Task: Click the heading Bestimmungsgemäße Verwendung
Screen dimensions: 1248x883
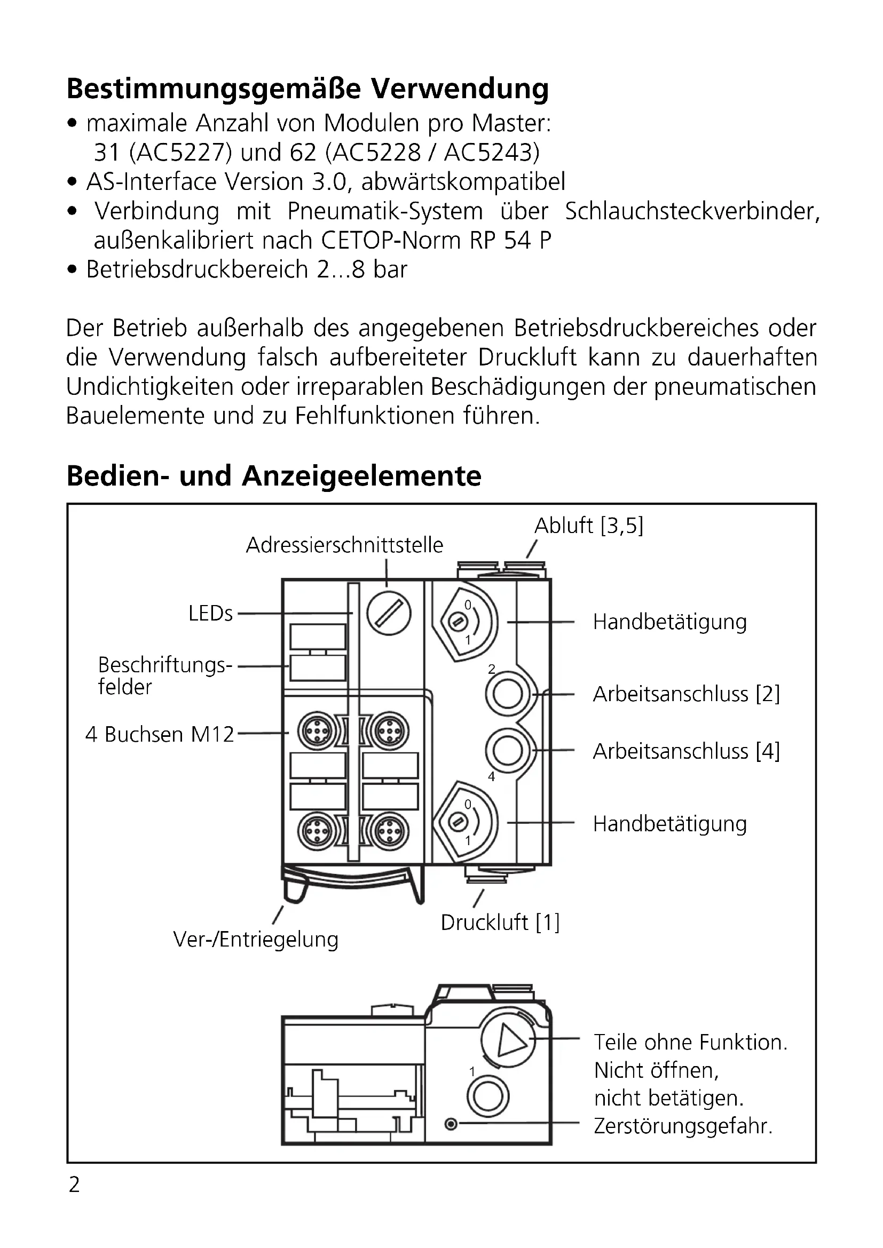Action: tap(307, 89)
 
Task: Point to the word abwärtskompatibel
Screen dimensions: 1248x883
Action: tap(463, 181)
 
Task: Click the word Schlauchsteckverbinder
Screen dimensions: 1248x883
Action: tap(691, 211)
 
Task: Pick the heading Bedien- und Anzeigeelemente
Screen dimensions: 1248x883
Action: tap(273, 475)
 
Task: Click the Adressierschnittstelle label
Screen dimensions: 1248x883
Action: tap(344, 545)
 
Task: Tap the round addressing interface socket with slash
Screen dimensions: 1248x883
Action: tap(389, 614)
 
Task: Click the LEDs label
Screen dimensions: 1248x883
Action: tap(210, 614)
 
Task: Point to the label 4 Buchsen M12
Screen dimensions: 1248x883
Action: tap(159, 734)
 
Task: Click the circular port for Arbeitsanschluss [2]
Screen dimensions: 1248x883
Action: tap(507, 694)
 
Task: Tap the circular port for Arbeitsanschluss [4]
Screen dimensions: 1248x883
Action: tap(507, 751)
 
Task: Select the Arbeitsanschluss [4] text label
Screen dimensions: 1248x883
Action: tap(686, 751)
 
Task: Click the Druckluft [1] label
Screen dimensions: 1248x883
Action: tap(500, 923)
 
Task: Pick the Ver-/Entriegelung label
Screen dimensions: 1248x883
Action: tap(256, 939)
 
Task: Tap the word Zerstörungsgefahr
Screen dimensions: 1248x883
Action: tap(683, 1126)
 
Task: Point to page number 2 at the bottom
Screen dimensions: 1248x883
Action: tap(75, 1185)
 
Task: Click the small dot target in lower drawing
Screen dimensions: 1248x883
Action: tap(451, 1124)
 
